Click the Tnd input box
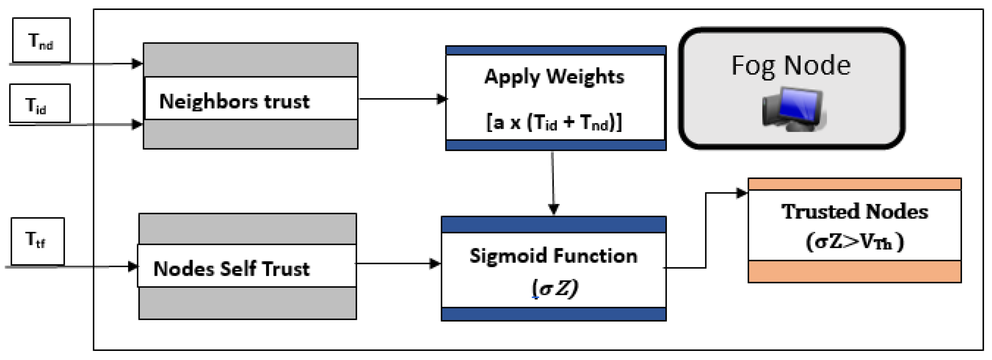[x=41, y=40]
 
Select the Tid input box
[x=40, y=103]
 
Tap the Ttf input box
[x=38, y=241]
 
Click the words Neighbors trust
[x=234, y=101]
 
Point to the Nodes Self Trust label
[x=231, y=268]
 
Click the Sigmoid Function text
[x=553, y=256]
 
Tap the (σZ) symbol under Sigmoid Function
[x=555, y=288]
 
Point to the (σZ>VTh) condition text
[x=854, y=242]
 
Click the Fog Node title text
[x=791, y=65]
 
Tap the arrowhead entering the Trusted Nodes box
[x=741, y=193]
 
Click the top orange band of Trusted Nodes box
[x=854, y=184]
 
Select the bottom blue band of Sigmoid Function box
[x=553, y=314]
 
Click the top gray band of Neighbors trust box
[x=250, y=60]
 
